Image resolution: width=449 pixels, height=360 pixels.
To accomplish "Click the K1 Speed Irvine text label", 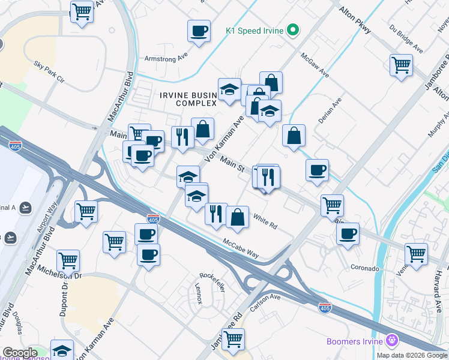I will (x=255, y=29).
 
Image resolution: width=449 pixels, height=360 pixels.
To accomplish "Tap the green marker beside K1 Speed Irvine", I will (x=293, y=29).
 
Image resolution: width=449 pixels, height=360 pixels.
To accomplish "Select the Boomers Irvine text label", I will (x=355, y=341).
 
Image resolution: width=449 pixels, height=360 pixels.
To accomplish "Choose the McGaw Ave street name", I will (x=316, y=64).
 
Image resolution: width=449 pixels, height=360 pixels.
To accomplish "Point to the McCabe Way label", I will (x=241, y=248).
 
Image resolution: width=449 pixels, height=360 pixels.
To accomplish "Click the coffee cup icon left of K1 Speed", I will (x=199, y=31).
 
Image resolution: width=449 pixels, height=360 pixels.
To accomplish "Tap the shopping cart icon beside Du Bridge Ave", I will (x=401, y=65).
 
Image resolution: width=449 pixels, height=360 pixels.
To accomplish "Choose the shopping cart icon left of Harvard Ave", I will (x=416, y=254).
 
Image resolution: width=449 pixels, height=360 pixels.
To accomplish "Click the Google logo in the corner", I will (x=20, y=353).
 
